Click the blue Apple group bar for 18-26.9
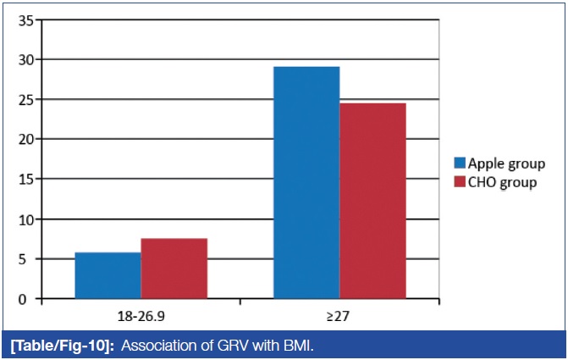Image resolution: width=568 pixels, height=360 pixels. (x=108, y=275)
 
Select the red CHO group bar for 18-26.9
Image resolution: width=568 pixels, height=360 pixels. (x=174, y=269)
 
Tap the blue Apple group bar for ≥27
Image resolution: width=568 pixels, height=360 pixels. (x=306, y=182)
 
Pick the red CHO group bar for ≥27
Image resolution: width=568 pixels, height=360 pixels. (x=372, y=201)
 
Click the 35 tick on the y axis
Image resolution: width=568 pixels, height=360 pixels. (x=25, y=19)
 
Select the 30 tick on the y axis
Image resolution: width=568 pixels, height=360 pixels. (x=25, y=59)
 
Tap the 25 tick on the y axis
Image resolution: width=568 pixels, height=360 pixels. (x=25, y=99)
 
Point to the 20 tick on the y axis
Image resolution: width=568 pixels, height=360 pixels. (x=25, y=139)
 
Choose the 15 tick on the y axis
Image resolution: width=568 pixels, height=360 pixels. (x=25, y=179)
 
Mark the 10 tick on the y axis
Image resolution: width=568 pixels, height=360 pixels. (x=25, y=219)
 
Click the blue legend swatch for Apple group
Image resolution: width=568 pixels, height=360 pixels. (x=460, y=163)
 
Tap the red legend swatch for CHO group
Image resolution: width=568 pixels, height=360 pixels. (x=460, y=181)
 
